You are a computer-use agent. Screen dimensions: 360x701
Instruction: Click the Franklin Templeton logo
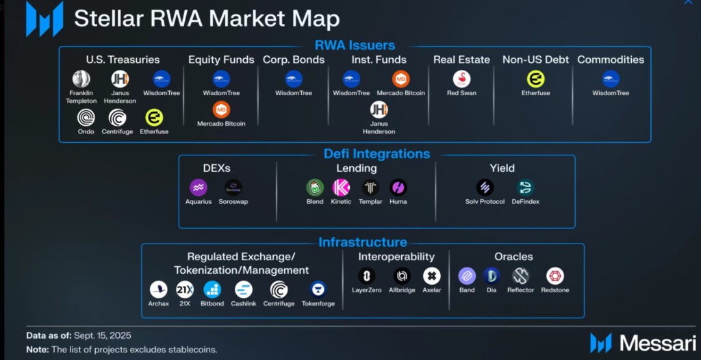click(81, 79)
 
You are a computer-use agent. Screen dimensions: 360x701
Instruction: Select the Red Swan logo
click(461, 79)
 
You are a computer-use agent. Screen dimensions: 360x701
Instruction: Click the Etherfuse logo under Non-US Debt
click(535, 79)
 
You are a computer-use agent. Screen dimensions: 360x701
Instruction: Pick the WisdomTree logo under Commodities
click(611, 79)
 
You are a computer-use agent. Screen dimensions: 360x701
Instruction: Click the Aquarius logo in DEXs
click(198, 188)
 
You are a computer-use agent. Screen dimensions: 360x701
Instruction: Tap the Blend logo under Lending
click(315, 188)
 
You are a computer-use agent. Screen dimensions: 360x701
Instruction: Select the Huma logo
click(398, 188)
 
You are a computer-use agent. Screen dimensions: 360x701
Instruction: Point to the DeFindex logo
click(525, 188)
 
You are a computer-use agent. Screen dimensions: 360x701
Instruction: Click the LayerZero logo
click(367, 276)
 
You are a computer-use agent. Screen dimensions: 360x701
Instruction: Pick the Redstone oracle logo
click(555, 276)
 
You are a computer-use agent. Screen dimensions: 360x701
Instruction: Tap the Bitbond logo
click(212, 290)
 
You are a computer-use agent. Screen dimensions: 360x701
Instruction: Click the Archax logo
click(158, 290)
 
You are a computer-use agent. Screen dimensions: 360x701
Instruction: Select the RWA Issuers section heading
click(355, 46)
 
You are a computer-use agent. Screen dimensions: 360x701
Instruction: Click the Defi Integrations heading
click(377, 154)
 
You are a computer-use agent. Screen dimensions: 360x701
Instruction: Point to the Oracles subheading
click(513, 257)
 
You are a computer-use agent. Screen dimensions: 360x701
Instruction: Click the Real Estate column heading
click(461, 60)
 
